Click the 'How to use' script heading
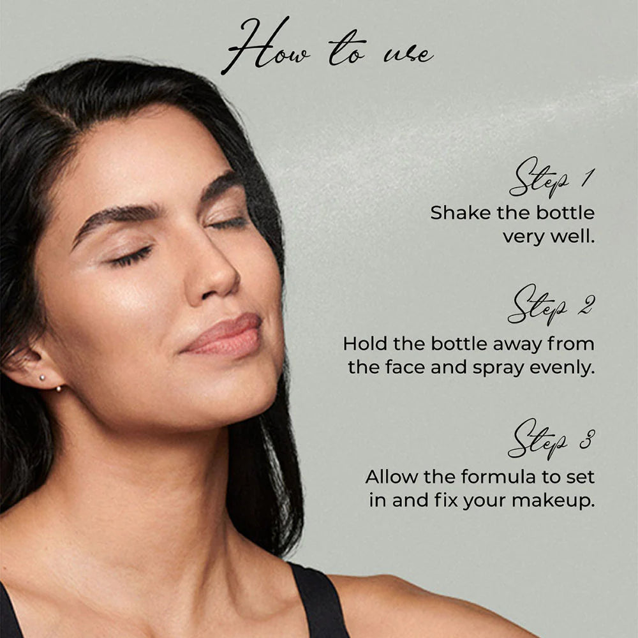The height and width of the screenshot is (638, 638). tap(328, 47)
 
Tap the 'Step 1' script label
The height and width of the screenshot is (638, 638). tap(552, 178)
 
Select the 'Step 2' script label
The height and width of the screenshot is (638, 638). tap(552, 305)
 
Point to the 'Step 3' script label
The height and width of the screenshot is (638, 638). tap(552, 439)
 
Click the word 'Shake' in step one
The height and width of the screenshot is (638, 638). tap(460, 213)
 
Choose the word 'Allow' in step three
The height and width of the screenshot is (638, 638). tap(392, 477)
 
